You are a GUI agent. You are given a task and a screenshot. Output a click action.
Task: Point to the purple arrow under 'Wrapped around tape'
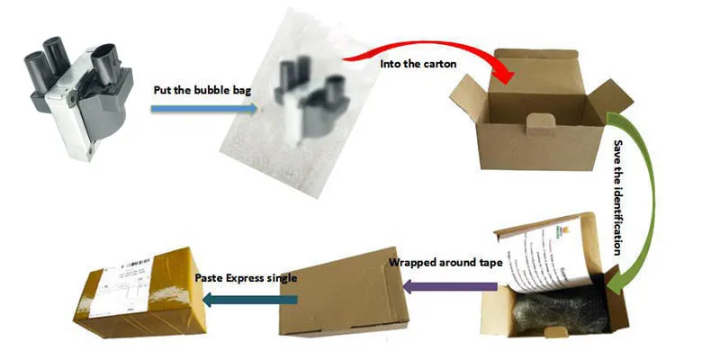[449, 286]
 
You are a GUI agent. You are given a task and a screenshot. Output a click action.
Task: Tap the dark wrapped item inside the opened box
[558, 310]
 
